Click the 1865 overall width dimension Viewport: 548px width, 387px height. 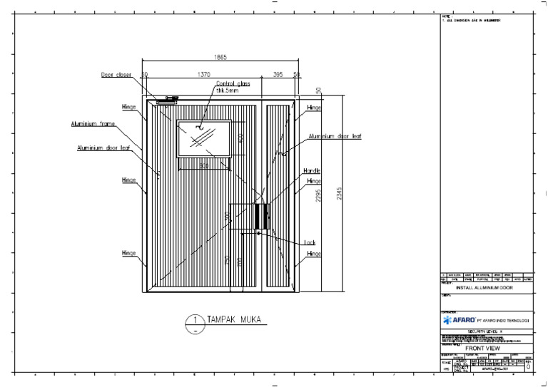[221, 57]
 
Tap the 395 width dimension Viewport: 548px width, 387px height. [278, 74]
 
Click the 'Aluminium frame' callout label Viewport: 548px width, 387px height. [93, 124]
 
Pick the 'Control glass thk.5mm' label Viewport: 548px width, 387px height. [233, 87]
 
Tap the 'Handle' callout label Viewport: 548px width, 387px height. [312, 171]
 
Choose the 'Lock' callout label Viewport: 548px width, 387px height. [310, 242]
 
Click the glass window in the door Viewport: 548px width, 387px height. [203, 138]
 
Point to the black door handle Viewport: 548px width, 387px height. [260, 216]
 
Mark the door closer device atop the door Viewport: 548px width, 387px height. [166, 101]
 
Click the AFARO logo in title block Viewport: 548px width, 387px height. [457, 321]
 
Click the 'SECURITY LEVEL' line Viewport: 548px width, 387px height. [487, 331]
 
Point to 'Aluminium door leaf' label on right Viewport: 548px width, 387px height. [335, 136]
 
